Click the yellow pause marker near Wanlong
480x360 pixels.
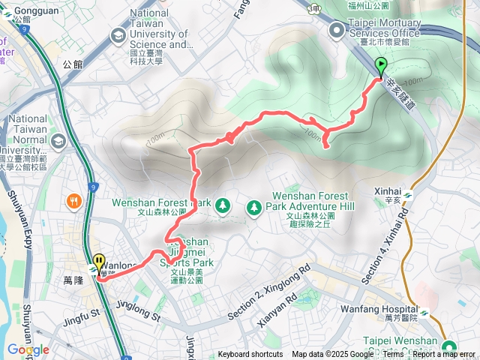[x=99, y=263]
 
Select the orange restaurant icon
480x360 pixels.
[x=73, y=201]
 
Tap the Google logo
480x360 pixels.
[x=28, y=350]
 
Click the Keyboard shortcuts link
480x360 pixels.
[x=250, y=355]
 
